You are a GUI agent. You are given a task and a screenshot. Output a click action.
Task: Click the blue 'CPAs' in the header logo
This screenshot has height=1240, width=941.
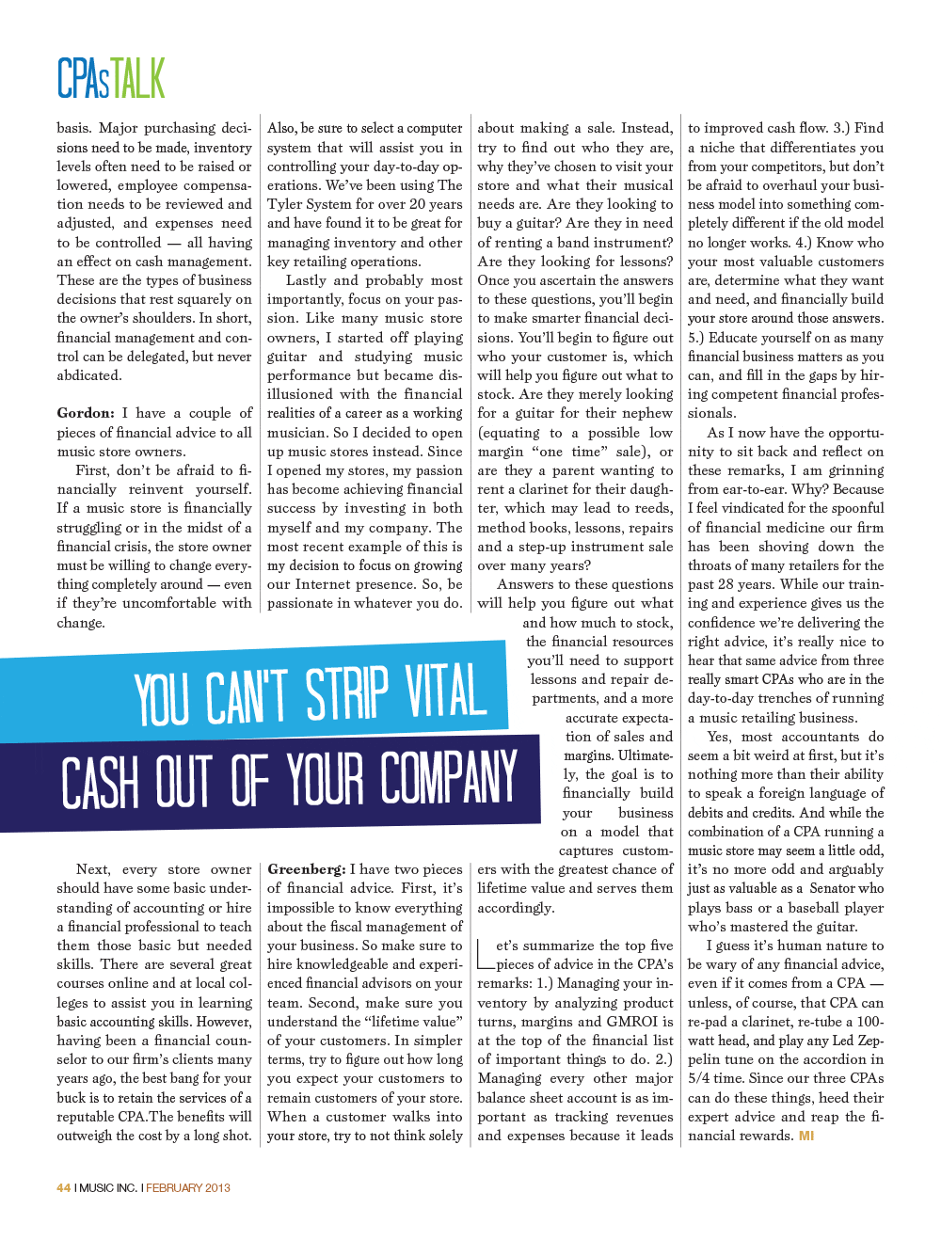(x=84, y=79)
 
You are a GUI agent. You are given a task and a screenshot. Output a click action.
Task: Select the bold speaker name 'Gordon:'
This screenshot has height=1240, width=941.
(x=86, y=413)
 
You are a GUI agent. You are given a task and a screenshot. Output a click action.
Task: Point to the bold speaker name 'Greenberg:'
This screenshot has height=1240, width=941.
(x=306, y=869)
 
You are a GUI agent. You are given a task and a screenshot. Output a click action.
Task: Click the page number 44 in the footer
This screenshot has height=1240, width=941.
(x=63, y=1187)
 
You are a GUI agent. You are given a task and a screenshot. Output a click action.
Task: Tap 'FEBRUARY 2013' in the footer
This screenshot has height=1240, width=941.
(x=187, y=1187)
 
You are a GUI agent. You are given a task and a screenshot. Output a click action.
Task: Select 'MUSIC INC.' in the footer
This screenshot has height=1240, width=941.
(x=108, y=1187)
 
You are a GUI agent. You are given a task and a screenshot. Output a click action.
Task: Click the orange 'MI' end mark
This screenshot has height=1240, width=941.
(x=806, y=1136)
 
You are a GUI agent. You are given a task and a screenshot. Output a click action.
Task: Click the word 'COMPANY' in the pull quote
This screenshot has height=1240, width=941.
(x=449, y=777)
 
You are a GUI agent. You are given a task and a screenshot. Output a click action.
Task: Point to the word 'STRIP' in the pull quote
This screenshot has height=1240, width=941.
(x=347, y=694)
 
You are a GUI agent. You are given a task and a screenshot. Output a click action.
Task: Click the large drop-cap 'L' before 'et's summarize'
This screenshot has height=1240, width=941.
(x=486, y=954)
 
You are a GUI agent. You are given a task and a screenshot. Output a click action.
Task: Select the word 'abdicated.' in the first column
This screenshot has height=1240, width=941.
(x=89, y=375)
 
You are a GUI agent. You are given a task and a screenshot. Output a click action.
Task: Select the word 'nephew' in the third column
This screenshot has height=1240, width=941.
(x=648, y=413)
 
